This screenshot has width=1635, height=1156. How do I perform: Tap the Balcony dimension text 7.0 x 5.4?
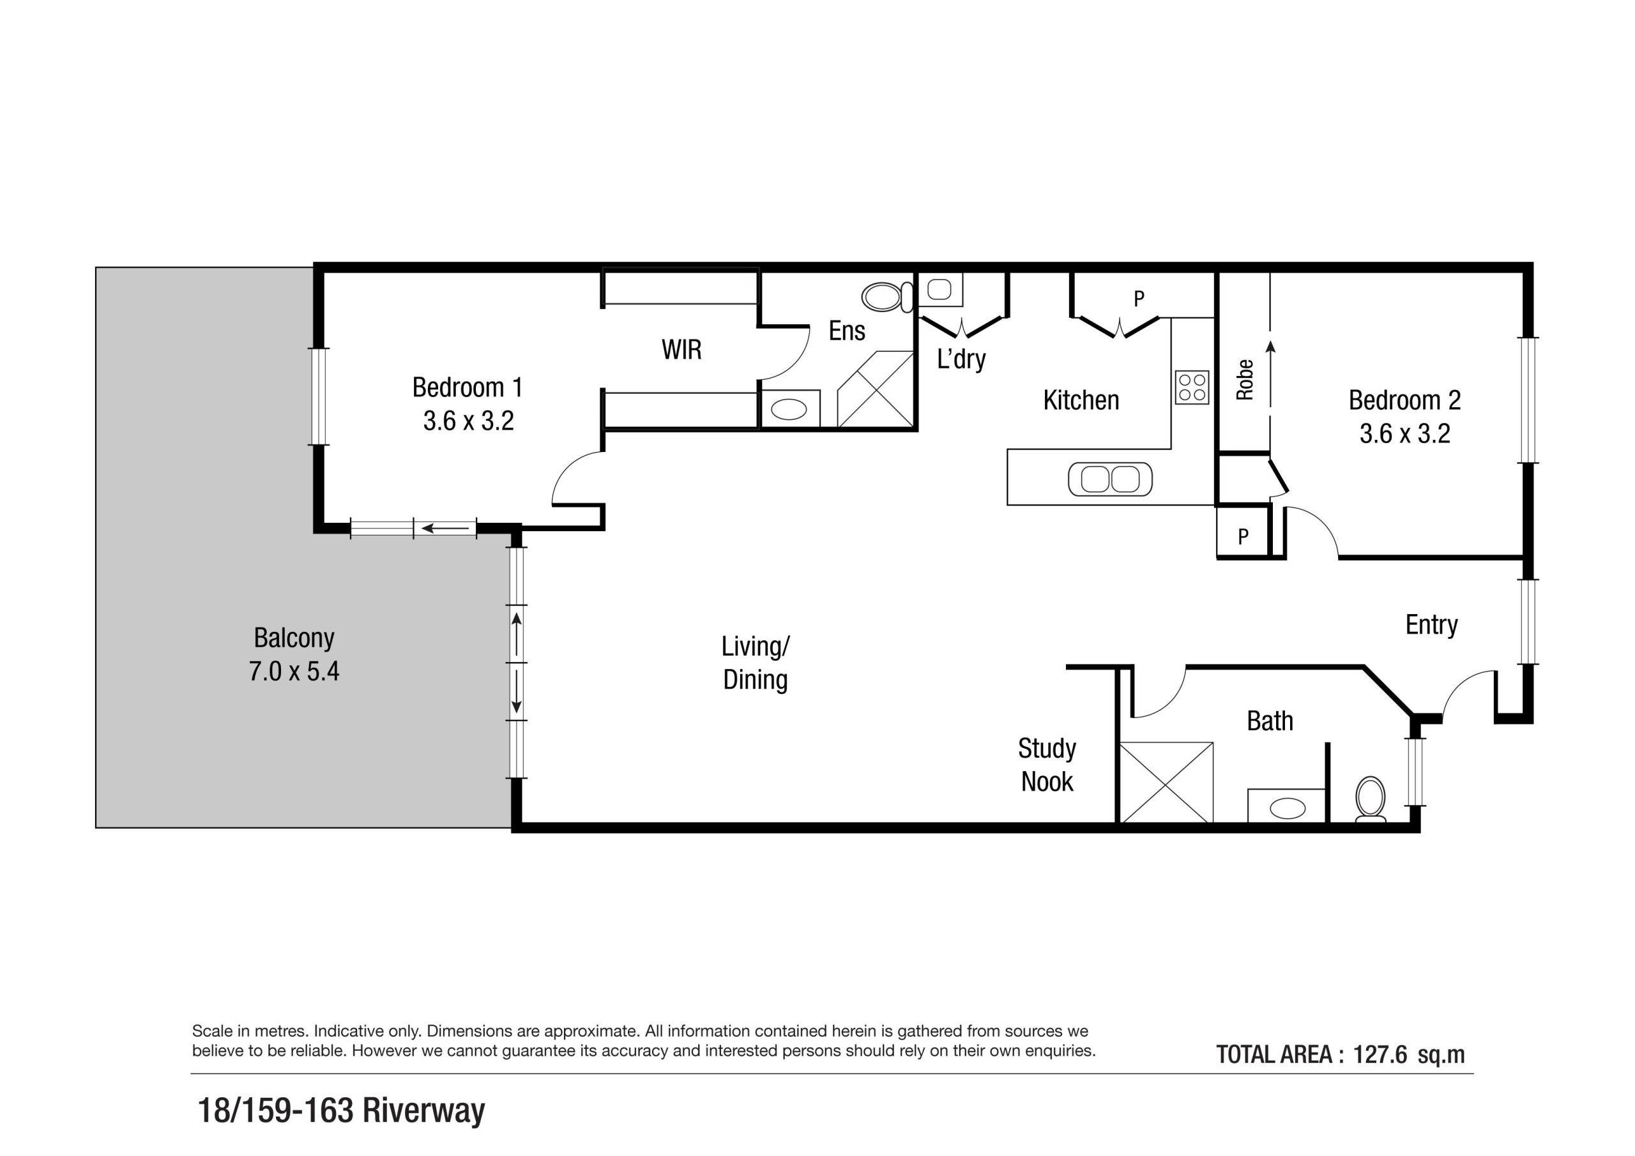[293, 672]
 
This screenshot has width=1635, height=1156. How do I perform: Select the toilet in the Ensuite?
[885, 297]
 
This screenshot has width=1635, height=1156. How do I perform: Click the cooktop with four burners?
[1191, 387]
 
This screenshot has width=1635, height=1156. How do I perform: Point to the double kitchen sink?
[1109, 479]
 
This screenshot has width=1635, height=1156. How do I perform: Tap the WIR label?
[681, 350]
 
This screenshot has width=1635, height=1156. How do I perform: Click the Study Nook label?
[1046, 765]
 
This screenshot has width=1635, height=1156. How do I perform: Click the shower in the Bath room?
[1166, 783]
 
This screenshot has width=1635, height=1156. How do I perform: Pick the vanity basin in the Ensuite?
[789, 409]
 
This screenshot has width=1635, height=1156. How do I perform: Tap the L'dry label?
[961, 359]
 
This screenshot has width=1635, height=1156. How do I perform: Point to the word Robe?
[1244, 380]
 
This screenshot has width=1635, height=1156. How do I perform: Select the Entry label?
[1431, 625]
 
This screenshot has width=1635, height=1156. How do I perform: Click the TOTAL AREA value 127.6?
[1380, 1055]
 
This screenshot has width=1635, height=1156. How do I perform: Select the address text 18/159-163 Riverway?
[341, 1110]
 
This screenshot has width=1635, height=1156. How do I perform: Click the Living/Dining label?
[755, 663]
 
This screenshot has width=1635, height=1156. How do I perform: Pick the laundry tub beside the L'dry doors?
[939, 290]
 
